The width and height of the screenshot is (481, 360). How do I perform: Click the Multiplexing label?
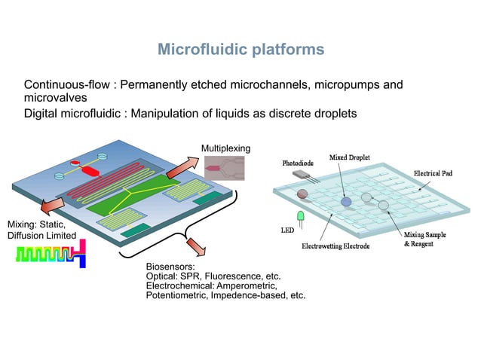[225, 148]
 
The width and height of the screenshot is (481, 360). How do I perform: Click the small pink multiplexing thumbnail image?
[224, 168]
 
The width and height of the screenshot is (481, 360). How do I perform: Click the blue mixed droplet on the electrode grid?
[346, 202]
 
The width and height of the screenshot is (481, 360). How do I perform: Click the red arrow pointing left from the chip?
[52, 204]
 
